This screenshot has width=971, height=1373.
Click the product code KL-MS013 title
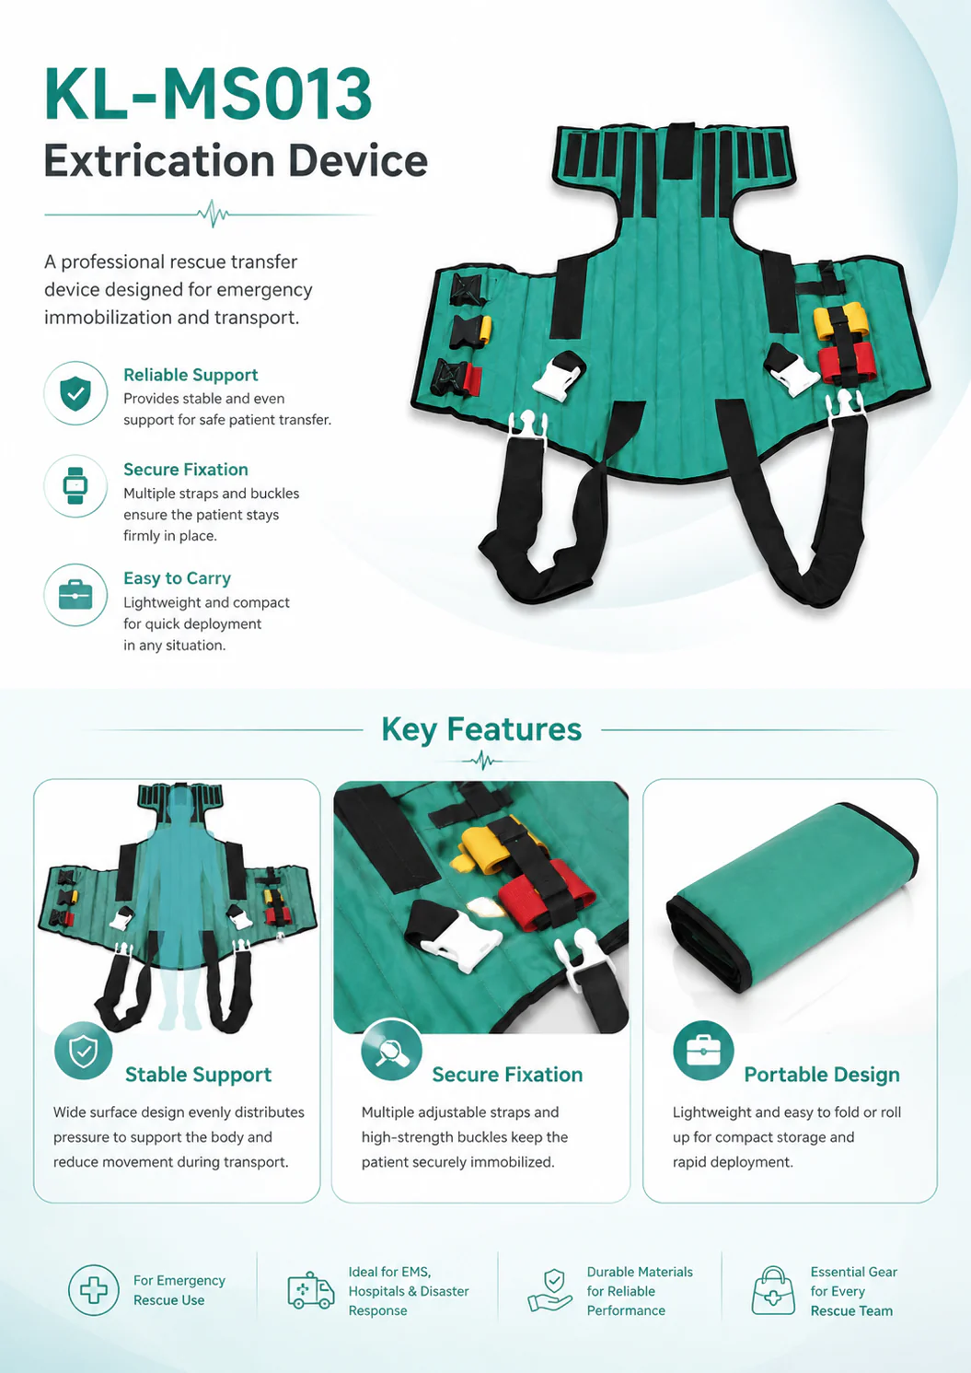pos(208,95)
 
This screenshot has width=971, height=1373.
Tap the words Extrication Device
pos(236,160)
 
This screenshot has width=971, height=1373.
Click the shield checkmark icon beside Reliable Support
pos(75,393)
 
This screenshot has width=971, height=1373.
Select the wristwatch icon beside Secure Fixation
pos(75,486)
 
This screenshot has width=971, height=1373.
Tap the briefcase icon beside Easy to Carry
pos(75,595)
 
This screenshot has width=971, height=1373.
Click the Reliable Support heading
pos(191,375)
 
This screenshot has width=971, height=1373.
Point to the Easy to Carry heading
pos(177,578)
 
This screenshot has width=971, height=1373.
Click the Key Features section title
pos(481,729)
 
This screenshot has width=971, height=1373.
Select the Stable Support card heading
pos(198,1075)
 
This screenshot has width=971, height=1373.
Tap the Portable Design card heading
pos(822,1075)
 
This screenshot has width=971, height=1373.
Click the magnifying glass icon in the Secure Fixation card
pos(391,1050)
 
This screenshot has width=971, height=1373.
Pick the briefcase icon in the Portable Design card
pos(703,1051)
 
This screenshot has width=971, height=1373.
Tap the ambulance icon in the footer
pos(311,1290)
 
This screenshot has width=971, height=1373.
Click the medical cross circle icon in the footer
pos(94,1290)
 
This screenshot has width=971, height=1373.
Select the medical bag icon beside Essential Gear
pos(773,1290)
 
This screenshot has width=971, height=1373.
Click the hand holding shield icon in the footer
pos(549,1290)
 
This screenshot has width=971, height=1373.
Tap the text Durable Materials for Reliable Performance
pos(640,1291)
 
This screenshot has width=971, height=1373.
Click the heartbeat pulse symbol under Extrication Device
pos(214,214)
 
